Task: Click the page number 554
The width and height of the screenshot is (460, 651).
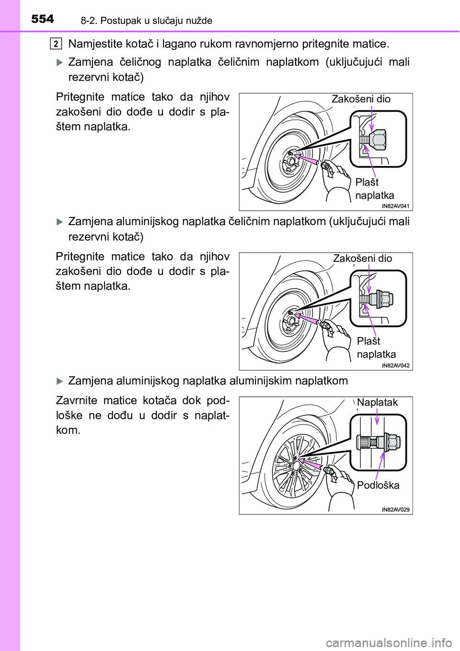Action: (x=43, y=19)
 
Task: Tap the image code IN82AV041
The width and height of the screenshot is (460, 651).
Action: (x=396, y=206)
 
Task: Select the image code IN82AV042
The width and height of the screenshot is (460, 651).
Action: (x=396, y=366)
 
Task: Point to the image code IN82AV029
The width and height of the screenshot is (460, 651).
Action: (x=396, y=510)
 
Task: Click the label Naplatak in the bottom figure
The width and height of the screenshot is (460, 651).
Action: (x=377, y=403)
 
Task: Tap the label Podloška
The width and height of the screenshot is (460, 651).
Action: (x=378, y=485)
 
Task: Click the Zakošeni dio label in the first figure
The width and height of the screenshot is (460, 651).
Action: (x=361, y=99)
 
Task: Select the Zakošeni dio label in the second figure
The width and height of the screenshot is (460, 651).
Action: (x=362, y=258)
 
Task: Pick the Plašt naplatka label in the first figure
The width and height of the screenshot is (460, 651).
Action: (x=374, y=189)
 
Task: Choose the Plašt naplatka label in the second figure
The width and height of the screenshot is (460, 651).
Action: (x=376, y=348)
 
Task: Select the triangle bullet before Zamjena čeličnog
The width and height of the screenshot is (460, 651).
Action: (x=60, y=62)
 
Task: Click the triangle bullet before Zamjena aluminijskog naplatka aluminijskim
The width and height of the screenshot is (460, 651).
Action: (x=60, y=381)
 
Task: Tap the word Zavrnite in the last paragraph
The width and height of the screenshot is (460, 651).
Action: (x=77, y=401)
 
